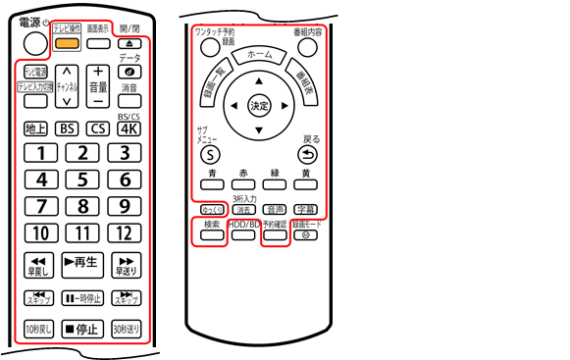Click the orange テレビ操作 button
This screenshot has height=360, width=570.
[68, 42]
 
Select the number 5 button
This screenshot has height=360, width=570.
[83, 180]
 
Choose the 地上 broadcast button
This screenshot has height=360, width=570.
[36, 128]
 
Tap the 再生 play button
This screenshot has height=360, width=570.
[82, 262]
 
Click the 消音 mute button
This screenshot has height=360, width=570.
[130, 101]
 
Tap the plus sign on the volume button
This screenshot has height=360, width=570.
[97, 72]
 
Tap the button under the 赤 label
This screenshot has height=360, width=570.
[244, 183]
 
